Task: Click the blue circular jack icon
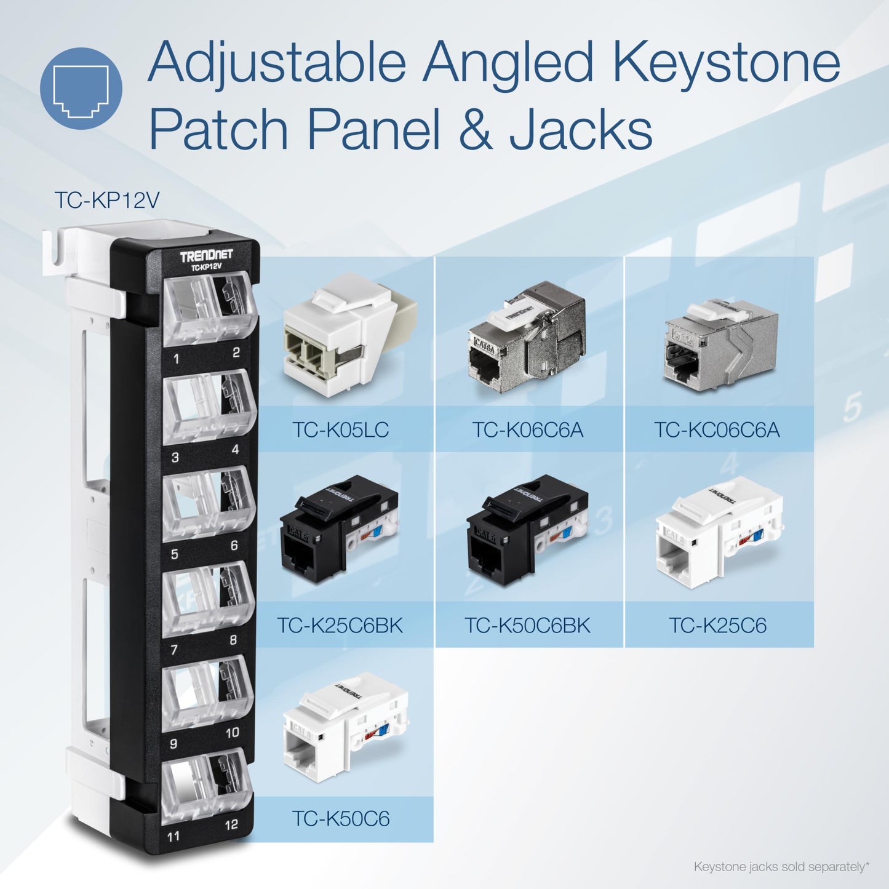[81, 88]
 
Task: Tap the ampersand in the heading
[475, 130]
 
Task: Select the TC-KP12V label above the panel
[107, 200]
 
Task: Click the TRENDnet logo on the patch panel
[206, 257]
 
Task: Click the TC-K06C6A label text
[528, 429]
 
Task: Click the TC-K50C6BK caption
[528, 626]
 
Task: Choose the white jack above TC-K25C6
[720, 532]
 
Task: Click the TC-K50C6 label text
[340, 819]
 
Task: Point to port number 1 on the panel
[177, 358]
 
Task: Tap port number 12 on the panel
[231, 824]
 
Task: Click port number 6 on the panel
[234, 546]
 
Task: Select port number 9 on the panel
[174, 744]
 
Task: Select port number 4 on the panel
[234, 450]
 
